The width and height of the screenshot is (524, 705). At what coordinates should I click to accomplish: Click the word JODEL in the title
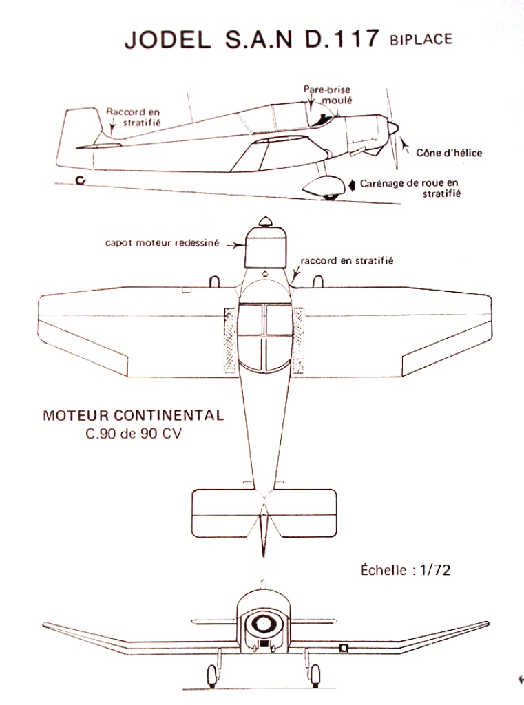[x=168, y=39]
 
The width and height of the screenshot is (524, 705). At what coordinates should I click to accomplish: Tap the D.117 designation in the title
[x=342, y=39]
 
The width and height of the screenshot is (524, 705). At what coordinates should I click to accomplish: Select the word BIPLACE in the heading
[x=421, y=39]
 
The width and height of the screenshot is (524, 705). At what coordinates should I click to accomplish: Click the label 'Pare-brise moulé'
[x=327, y=94]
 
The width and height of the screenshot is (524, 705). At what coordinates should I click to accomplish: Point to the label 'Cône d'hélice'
[x=449, y=153]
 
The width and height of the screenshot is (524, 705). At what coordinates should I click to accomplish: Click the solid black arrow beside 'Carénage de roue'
[x=352, y=185]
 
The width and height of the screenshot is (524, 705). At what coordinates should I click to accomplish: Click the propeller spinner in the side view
[x=392, y=129]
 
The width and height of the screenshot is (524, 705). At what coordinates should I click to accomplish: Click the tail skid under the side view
[x=81, y=180]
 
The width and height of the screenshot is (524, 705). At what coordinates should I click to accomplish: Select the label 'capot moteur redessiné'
[x=163, y=243]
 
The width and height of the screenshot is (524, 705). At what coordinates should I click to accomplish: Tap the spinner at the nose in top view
[x=266, y=222]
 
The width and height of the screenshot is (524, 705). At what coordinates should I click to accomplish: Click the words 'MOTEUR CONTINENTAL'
[x=134, y=415]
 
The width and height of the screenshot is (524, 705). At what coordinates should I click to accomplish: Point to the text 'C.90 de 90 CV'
[x=134, y=434]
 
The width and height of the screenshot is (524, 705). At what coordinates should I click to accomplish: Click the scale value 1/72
[x=435, y=570]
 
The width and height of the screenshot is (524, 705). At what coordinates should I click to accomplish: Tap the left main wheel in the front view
[x=212, y=676]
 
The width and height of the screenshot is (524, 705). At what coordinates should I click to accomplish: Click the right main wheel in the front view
[x=315, y=676]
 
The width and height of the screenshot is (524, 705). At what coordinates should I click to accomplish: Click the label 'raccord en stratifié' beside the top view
[x=347, y=260]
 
